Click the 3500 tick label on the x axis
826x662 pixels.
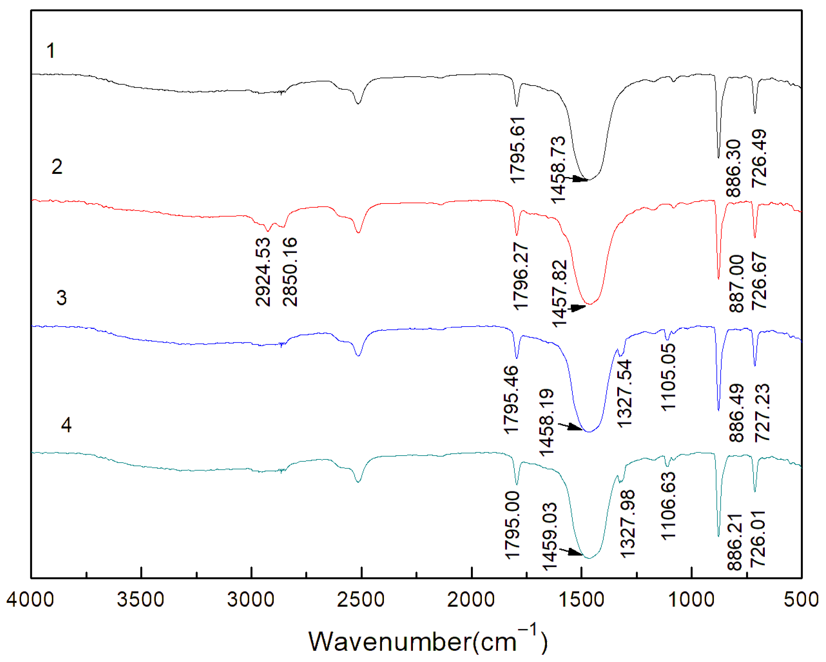click(x=141, y=600)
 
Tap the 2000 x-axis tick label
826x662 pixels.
click(x=471, y=600)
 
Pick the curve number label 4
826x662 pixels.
click(x=66, y=425)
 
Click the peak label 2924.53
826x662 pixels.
click(x=263, y=272)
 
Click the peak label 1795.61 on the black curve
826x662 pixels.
click(x=518, y=150)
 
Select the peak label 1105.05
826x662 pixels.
click(x=669, y=377)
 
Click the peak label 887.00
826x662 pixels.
click(x=736, y=283)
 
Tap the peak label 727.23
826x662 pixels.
click(x=762, y=413)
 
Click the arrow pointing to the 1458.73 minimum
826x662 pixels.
click(x=578, y=179)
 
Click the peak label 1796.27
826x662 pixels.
click(x=521, y=276)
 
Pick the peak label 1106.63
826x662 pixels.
click(x=669, y=506)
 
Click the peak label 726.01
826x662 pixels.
click(x=758, y=539)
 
